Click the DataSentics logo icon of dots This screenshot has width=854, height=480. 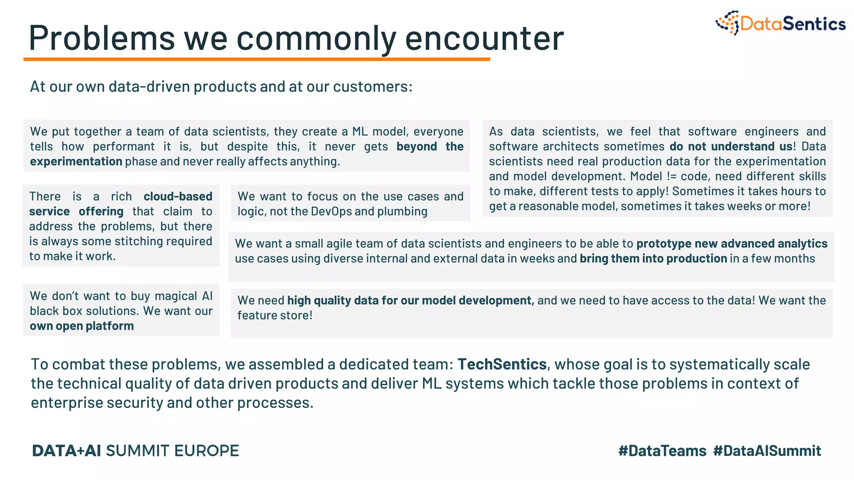(x=728, y=22)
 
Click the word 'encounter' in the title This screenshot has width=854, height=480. (x=484, y=38)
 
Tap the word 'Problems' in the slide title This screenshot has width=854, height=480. (x=102, y=38)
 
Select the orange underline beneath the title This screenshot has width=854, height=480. (x=256, y=60)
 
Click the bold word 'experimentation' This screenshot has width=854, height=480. (x=76, y=162)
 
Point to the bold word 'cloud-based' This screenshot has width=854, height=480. (x=178, y=196)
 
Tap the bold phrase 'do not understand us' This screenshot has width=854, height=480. (x=731, y=146)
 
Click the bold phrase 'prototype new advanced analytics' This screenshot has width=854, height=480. (x=732, y=243)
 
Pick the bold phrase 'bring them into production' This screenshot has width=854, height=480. (x=653, y=258)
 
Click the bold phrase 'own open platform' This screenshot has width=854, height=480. (x=82, y=326)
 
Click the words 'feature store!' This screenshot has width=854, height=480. (x=275, y=315)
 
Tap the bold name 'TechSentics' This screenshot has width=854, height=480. (x=502, y=364)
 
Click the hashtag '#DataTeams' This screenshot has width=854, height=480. (x=662, y=451)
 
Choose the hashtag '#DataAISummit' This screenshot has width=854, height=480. (x=767, y=451)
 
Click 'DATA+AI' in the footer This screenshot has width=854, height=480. (x=66, y=451)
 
